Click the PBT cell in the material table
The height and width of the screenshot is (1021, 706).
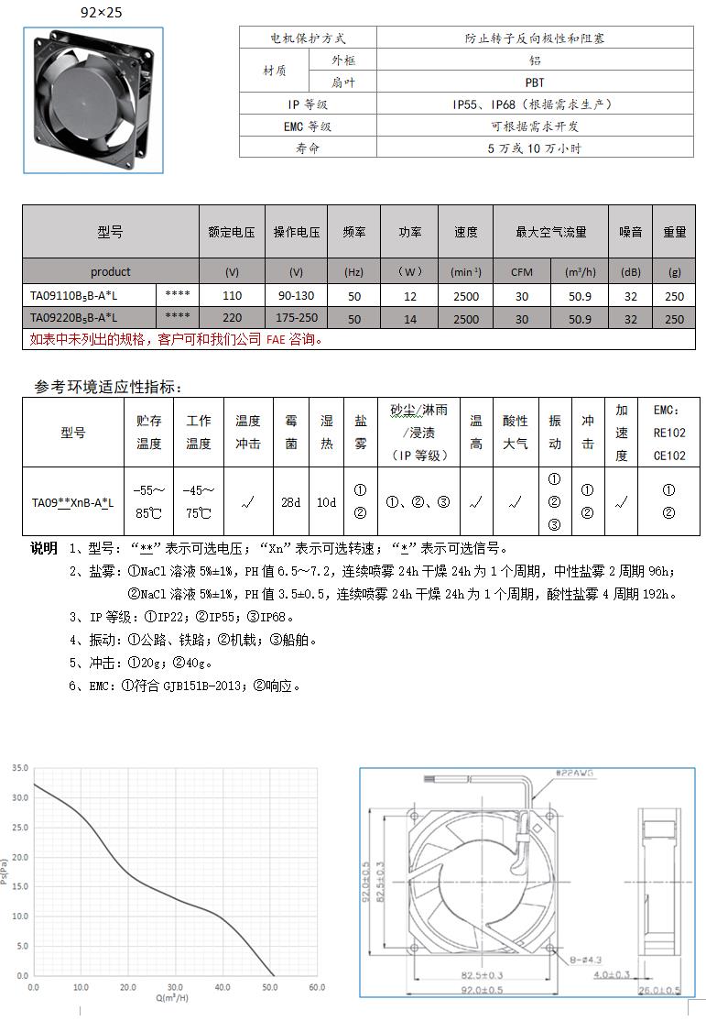(x=535, y=82)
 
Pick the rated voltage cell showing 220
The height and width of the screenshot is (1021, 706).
(x=232, y=319)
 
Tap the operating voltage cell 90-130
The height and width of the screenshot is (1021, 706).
(x=296, y=295)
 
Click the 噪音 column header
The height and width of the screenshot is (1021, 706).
(x=630, y=232)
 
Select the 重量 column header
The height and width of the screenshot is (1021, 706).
(x=674, y=232)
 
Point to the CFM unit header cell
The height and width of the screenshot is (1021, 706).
(x=521, y=272)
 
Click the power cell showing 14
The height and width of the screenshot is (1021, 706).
(x=409, y=319)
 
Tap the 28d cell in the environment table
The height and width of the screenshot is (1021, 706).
(x=290, y=502)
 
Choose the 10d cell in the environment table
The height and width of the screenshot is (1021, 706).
(x=326, y=502)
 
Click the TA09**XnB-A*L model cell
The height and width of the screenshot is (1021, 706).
(x=73, y=502)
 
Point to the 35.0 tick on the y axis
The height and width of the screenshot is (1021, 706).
(x=20, y=767)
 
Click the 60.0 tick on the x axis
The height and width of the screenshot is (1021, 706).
(x=316, y=987)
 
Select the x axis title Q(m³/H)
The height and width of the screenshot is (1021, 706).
(x=172, y=997)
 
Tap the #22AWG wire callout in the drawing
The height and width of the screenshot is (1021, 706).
(x=575, y=774)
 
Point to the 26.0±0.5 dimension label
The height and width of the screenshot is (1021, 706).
(x=660, y=990)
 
